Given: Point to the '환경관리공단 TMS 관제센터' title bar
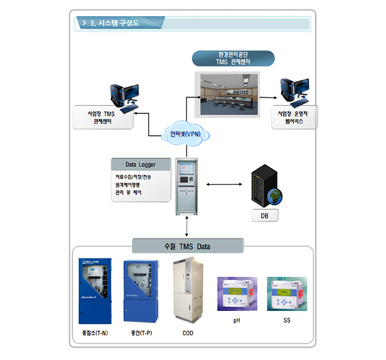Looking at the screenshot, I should pos(233,57).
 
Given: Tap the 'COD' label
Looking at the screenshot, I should pos(187,333).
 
